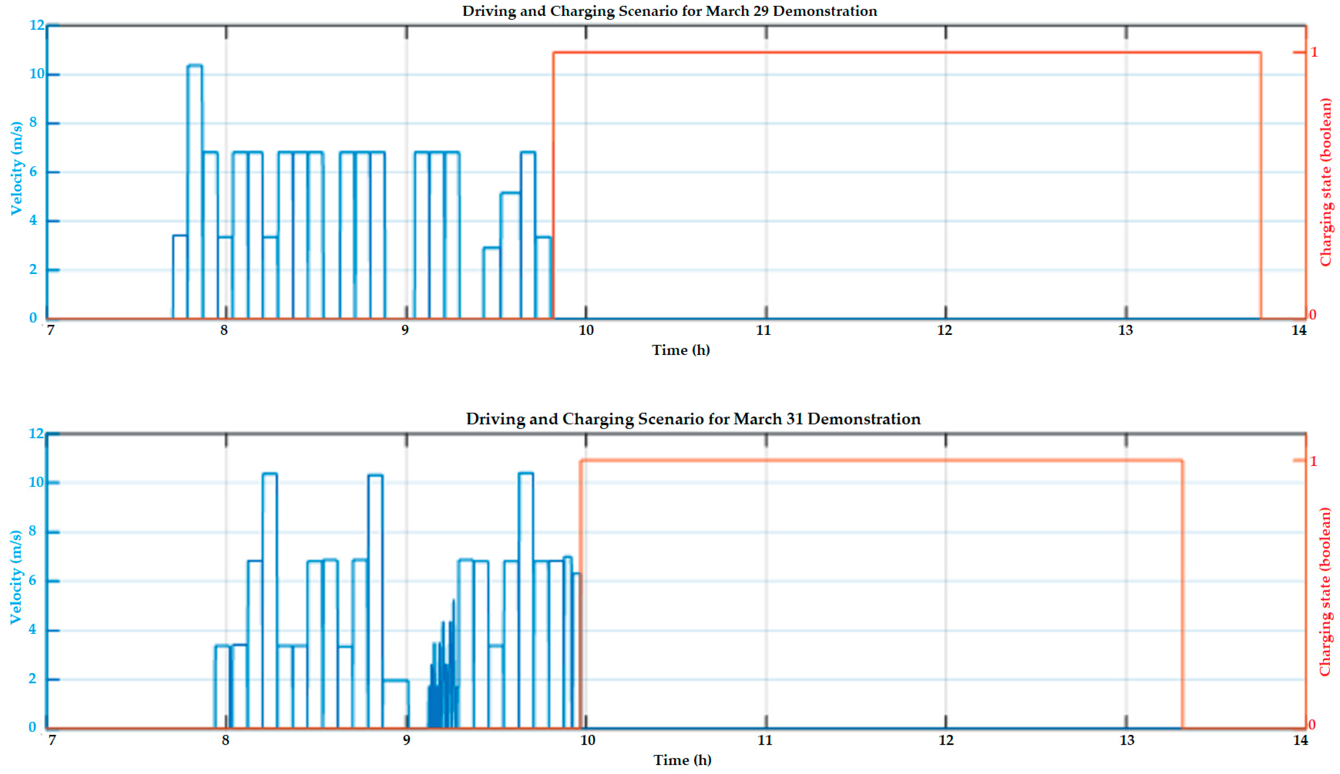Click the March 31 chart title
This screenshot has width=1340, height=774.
693,419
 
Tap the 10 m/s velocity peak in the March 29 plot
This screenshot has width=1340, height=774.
194,66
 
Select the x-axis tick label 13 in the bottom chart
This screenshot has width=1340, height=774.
1127,740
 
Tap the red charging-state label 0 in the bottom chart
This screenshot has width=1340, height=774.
1312,725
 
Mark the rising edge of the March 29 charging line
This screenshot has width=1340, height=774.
554,186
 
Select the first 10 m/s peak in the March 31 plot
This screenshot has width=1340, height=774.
270,474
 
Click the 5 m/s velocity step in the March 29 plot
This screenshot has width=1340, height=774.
510,193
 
